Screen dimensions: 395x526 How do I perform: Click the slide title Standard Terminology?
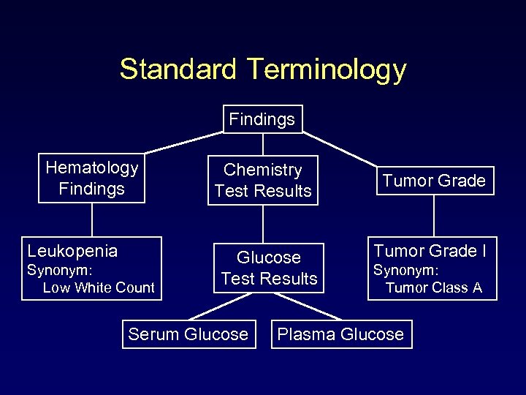click(262, 69)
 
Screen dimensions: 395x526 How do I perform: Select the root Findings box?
click(262, 119)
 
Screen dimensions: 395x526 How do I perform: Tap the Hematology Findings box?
click(91, 178)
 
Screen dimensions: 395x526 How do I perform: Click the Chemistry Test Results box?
click(263, 180)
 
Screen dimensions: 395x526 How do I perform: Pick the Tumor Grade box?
click(434, 181)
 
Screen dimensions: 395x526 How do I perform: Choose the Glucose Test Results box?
click(269, 268)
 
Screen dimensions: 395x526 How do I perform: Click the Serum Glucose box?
click(188, 334)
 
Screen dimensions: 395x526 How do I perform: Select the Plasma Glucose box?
click(340, 334)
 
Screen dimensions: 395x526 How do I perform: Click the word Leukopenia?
click(72, 251)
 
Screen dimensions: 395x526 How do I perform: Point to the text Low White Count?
click(99, 287)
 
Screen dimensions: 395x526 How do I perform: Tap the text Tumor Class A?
click(434, 287)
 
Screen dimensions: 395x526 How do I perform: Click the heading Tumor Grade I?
click(430, 251)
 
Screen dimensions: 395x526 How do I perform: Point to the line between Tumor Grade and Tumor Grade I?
click(434, 216)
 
